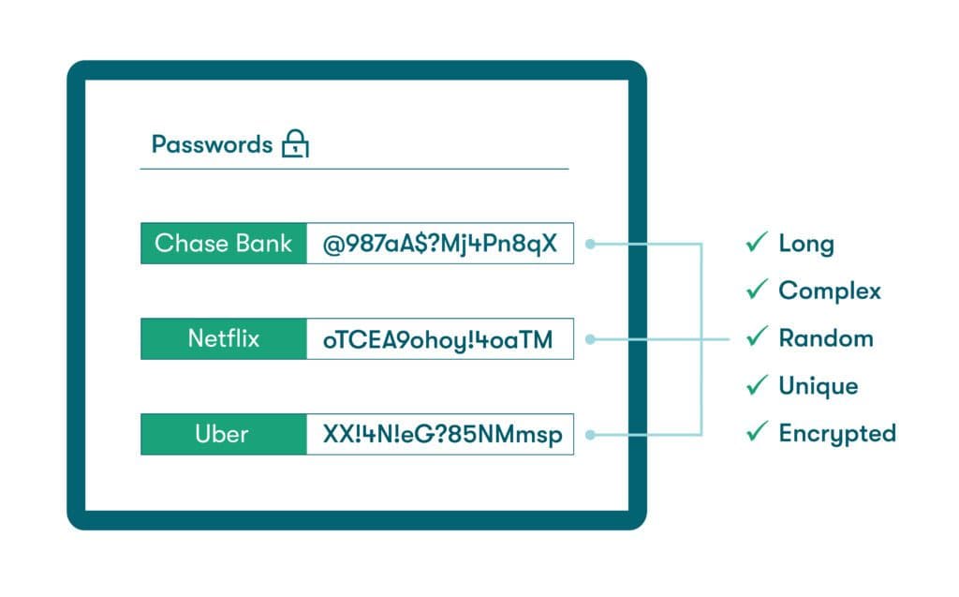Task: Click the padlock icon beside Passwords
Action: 295,144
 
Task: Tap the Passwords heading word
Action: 212,144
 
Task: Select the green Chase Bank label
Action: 224,244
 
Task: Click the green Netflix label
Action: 224,338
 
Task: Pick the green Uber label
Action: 222,435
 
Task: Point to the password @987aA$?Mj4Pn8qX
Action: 439,244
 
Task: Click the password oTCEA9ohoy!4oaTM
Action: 439,339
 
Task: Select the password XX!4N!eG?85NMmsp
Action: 439,435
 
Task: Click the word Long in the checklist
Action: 806,245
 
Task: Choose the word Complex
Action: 830,291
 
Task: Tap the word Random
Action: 826,338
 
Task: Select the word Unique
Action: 819,386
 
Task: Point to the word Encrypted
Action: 837,433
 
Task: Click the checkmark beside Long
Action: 756,244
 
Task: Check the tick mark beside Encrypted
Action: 756,432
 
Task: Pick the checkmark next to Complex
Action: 756,291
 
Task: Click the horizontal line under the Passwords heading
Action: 354,169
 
